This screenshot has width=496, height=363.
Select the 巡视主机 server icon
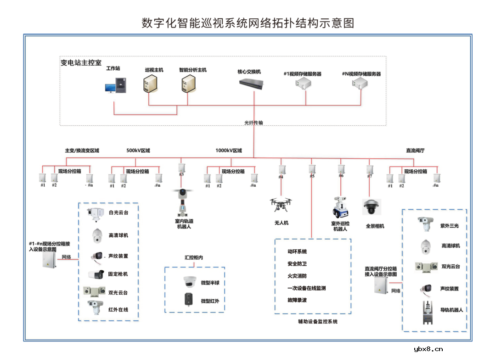149,84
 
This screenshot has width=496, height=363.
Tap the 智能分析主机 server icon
187,84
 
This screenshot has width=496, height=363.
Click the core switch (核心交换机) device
254,84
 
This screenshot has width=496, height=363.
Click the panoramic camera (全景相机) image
372,207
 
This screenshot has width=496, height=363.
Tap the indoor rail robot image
183,202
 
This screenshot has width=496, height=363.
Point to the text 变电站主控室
81,63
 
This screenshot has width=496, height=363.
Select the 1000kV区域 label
228,151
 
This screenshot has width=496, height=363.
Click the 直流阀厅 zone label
415,151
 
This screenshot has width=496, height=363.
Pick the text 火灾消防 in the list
297,276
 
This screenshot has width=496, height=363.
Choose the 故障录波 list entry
297,300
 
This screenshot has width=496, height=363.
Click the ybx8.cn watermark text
428,349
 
